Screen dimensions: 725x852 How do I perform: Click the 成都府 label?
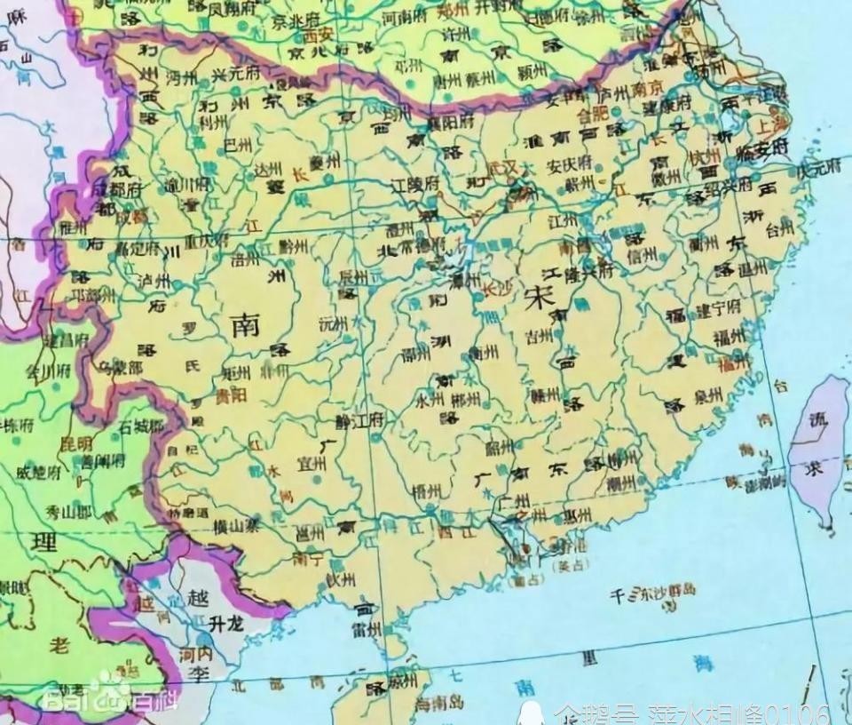[x=117, y=189]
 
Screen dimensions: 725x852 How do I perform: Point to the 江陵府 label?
[x=415, y=185]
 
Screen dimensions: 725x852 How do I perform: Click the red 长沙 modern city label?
[x=495, y=287]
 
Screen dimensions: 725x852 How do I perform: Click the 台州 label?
[x=778, y=229]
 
